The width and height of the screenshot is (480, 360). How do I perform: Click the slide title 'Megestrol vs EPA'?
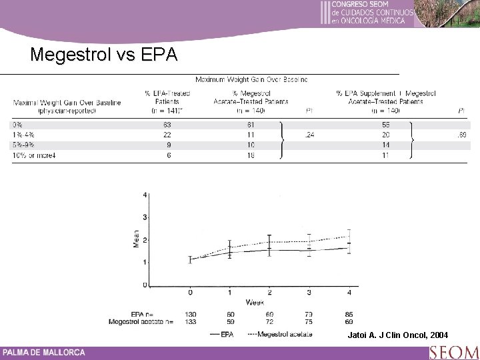click(x=104, y=54)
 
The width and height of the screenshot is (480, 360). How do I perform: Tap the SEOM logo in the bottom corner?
click(x=453, y=351)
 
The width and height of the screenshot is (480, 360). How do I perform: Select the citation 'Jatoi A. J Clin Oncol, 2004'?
click(x=398, y=334)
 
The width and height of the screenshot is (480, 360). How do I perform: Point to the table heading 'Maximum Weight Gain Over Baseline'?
click(x=251, y=79)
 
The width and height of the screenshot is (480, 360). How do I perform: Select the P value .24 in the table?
click(x=309, y=135)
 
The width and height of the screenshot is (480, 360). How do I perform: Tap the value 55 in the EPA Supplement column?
click(x=386, y=125)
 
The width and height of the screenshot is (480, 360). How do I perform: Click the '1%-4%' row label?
click(x=23, y=135)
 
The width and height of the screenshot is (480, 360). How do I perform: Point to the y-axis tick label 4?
click(x=145, y=195)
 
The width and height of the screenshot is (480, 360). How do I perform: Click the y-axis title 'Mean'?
click(x=137, y=239)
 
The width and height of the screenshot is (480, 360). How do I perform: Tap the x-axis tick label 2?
click(x=269, y=292)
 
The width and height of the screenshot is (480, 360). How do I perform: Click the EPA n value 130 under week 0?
click(x=191, y=313)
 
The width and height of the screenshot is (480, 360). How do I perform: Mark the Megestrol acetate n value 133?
click(x=191, y=321)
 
